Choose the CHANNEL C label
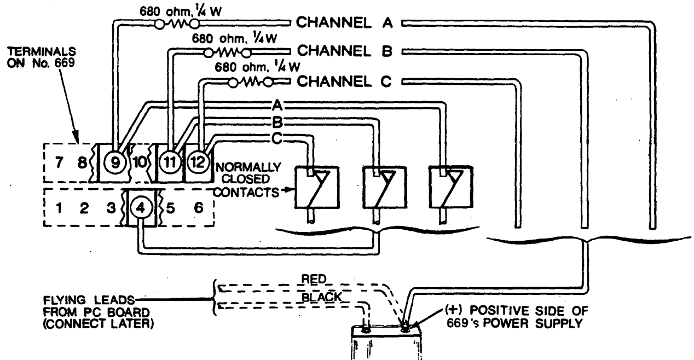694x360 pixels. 345,82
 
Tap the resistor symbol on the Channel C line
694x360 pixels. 251,83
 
